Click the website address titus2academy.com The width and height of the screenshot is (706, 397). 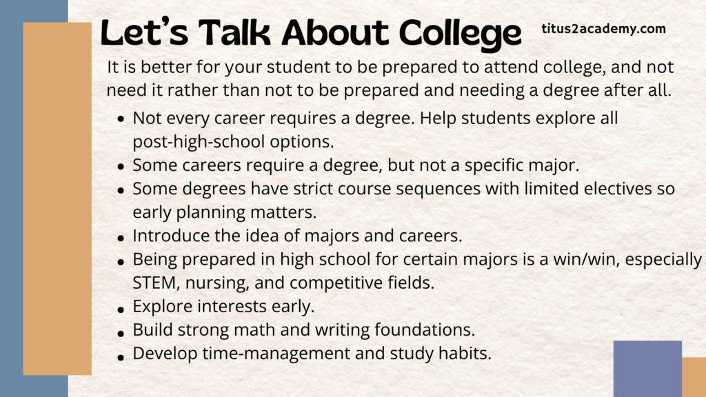pyautogui.click(x=603, y=29)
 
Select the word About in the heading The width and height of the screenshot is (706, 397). pyautogui.click(x=334, y=33)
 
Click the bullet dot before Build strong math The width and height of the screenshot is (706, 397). pyautogui.click(x=121, y=334)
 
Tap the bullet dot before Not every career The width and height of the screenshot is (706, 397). pyautogui.click(x=121, y=120)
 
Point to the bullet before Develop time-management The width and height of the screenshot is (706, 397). pyautogui.click(x=121, y=358)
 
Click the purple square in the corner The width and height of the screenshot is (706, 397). pyautogui.click(x=647, y=369)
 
